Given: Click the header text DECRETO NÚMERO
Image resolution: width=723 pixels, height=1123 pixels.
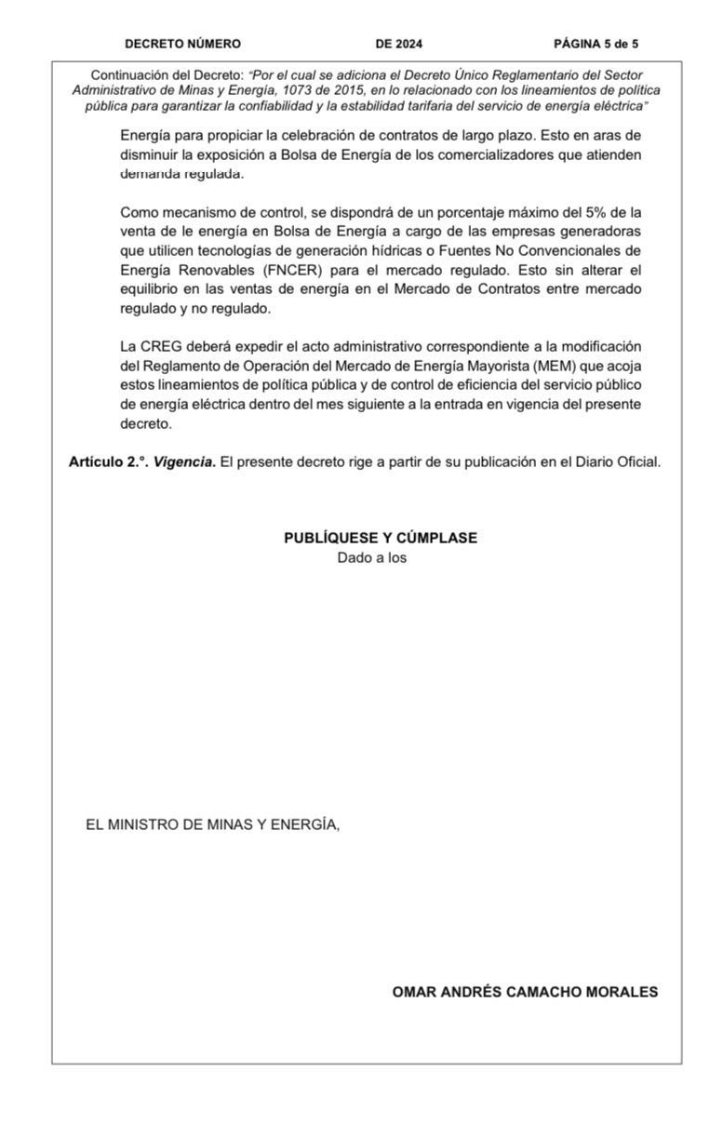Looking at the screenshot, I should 182,44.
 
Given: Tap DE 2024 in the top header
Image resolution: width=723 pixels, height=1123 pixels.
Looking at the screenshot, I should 399,44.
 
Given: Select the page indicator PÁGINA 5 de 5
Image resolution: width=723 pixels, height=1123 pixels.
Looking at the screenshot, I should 596,44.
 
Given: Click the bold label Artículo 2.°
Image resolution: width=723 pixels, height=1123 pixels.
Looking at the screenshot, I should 107,462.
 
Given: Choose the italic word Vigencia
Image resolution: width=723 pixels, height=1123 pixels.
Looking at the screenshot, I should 183,462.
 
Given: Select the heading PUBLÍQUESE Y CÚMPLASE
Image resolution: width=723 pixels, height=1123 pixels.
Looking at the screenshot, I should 381,539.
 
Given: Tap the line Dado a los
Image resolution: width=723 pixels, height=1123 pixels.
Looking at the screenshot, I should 372,558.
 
